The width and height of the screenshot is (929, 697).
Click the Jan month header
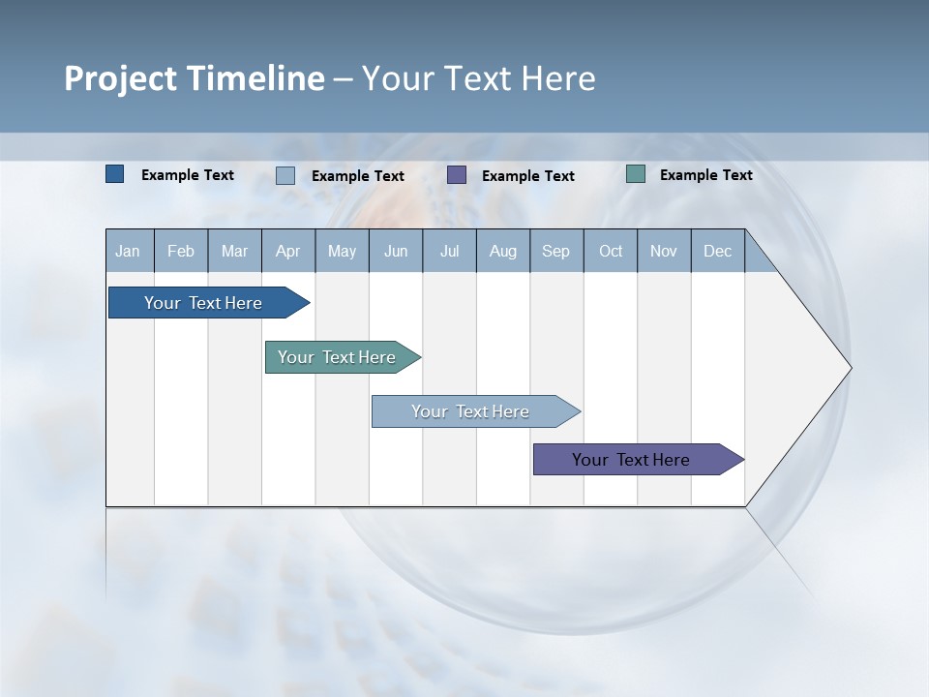(x=128, y=251)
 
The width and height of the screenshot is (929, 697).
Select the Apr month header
(x=287, y=251)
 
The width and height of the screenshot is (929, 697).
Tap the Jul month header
(x=449, y=251)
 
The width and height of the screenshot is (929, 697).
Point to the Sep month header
(x=555, y=251)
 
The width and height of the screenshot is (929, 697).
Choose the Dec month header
(x=717, y=251)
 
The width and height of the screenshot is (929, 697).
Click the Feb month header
(x=181, y=251)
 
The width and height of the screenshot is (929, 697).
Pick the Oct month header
(x=611, y=251)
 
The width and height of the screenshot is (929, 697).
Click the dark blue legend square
(x=115, y=174)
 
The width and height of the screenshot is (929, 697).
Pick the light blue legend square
(x=285, y=175)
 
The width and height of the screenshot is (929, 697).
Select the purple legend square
(x=457, y=175)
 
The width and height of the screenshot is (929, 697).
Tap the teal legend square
(x=636, y=174)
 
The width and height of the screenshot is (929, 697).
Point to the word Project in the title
(x=120, y=78)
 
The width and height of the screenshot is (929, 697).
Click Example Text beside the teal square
(x=705, y=175)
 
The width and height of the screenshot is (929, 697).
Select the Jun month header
(x=396, y=251)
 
